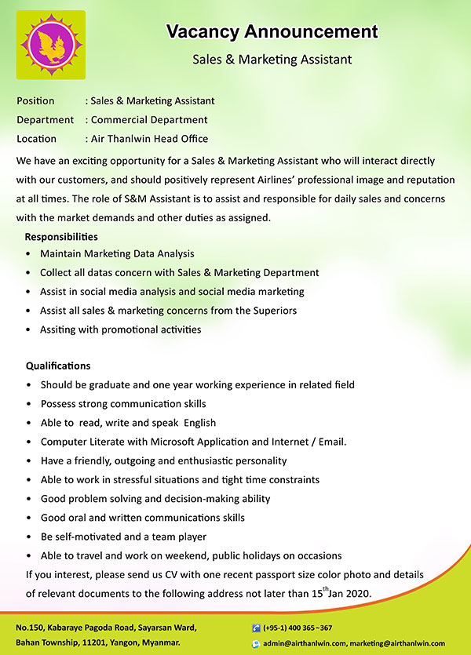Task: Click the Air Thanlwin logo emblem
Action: [x=51, y=45]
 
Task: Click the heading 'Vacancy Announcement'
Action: [x=272, y=32]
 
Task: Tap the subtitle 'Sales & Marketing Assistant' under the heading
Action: [x=272, y=60]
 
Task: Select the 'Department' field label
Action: [x=46, y=120]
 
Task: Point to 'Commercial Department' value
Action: [x=149, y=120]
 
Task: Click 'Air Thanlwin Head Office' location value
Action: [x=149, y=139]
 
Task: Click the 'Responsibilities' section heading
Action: [x=61, y=236]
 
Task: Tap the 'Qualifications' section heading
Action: [x=58, y=366]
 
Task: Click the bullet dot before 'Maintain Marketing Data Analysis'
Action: [x=29, y=254]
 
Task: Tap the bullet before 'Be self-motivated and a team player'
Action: [x=29, y=537]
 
